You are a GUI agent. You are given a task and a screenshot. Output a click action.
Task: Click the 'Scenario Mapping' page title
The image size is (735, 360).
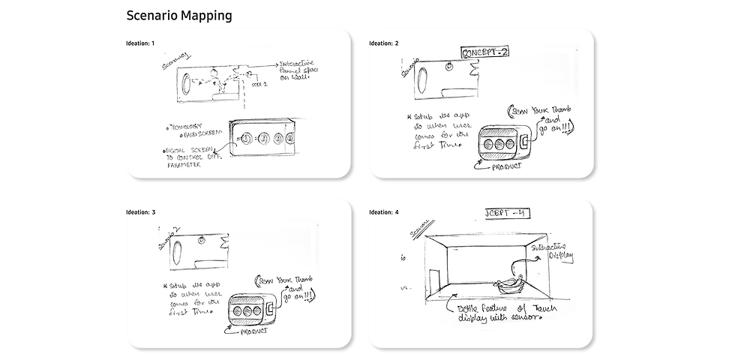[x=178, y=15]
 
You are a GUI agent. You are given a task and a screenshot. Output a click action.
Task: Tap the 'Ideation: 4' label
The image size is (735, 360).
[x=384, y=212]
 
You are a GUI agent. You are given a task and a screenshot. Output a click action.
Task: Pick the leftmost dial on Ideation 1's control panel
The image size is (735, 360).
[x=246, y=138]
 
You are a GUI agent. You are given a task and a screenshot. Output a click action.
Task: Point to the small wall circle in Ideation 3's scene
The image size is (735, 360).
[x=202, y=240]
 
